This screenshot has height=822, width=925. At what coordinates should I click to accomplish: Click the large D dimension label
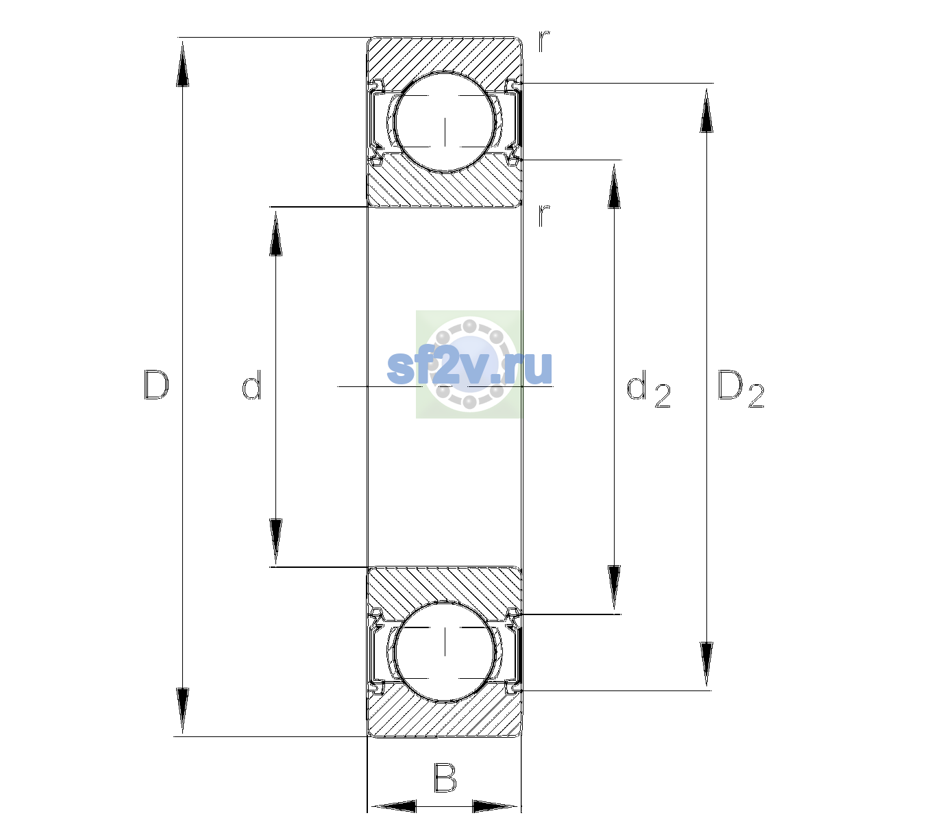[x=156, y=385]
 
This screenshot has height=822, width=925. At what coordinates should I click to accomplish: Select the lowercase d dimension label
[x=251, y=384]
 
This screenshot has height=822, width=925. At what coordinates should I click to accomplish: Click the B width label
[x=444, y=777]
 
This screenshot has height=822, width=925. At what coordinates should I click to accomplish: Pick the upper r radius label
[x=544, y=40]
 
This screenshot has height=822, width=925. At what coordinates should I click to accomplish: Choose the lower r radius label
[x=544, y=215]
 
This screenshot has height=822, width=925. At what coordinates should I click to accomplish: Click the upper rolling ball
[x=445, y=122]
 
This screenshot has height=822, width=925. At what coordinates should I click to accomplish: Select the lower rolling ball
[x=445, y=651]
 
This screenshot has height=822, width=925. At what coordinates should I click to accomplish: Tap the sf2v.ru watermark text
[x=470, y=368]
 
